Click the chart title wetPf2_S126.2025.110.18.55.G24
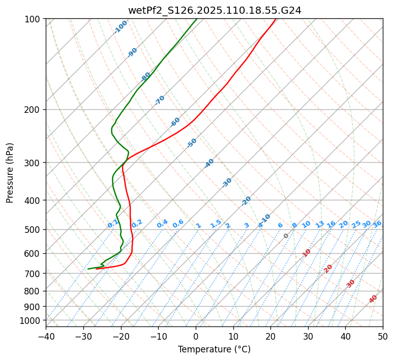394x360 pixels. click(214, 10)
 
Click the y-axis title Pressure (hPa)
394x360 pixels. click(10, 173)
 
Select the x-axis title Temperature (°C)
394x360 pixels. click(214, 350)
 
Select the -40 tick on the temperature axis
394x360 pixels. click(46, 336)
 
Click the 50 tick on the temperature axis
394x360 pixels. click(383, 336)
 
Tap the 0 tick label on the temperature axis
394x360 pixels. click(196, 336)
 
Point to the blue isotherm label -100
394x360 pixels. click(120, 27)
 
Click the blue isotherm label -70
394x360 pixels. click(160, 100)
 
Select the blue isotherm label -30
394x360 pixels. click(227, 183)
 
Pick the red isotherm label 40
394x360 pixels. click(373, 299)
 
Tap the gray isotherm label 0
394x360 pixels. click(286, 236)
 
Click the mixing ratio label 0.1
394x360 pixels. click(113, 224)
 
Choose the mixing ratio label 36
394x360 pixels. click(377, 224)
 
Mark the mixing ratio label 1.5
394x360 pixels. click(216, 224)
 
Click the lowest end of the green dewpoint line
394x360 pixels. click(88, 269)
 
